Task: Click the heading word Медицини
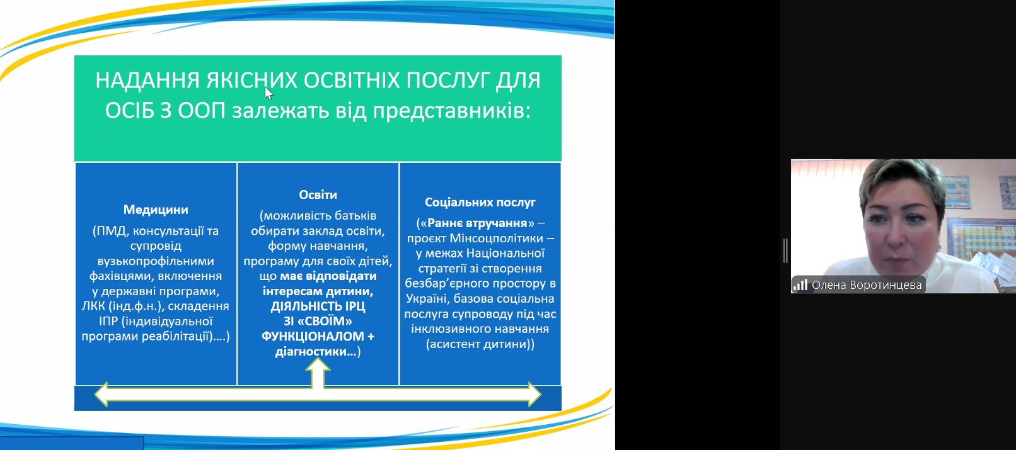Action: [156, 210]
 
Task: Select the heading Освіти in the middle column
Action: [318, 194]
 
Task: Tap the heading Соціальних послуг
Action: [480, 203]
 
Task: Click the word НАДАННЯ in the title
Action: [147, 81]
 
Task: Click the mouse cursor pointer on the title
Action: [268, 93]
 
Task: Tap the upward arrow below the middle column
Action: [318, 373]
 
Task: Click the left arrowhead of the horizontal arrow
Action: [101, 394]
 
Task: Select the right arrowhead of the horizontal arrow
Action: [534, 394]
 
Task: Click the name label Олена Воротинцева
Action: [867, 285]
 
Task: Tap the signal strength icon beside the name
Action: [800, 284]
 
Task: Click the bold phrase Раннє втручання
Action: [477, 223]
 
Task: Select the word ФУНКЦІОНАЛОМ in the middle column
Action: [313, 336]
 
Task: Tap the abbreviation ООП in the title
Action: [202, 111]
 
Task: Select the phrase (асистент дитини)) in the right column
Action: [480, 344]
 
